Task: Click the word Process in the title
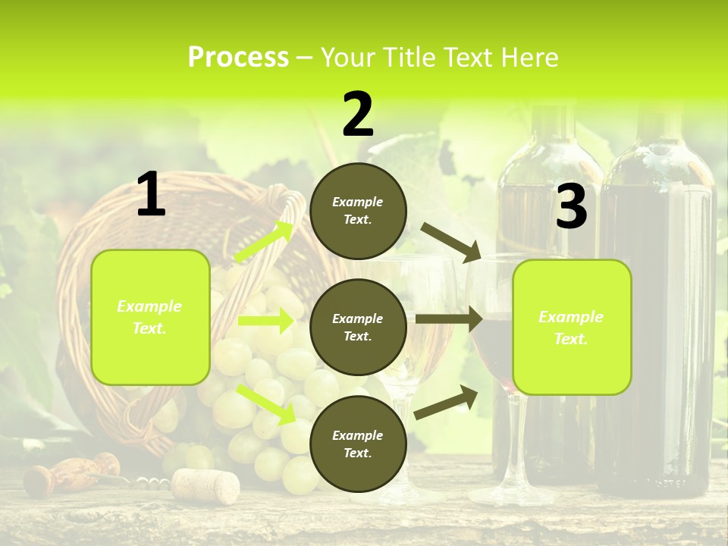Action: coord(238,58)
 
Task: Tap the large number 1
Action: coord(150,195)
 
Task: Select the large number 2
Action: coord(358,115)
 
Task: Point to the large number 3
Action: coord(571,206)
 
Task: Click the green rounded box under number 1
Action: coord(150,317)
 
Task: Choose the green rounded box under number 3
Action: coord(572,328)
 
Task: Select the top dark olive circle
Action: coord(358,211)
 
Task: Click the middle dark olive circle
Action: coord(358,327)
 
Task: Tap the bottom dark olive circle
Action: coord(358,444)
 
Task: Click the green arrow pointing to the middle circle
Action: coord(265,321)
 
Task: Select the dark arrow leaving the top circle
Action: coord(451,242)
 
